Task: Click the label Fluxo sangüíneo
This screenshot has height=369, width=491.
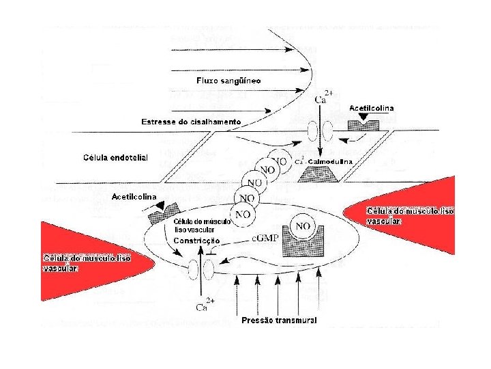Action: point(228,81)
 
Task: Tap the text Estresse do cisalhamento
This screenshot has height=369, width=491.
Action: point(191,122)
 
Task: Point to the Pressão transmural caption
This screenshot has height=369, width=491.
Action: point(279,320)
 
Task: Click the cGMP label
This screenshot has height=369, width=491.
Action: point(267,238)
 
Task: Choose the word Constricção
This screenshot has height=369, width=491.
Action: point(196,241)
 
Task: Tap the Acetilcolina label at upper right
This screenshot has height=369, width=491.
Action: point(371,108)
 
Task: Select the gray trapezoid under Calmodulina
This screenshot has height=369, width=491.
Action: point(319,175)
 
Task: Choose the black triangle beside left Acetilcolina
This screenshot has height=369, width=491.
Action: point(160,206)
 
